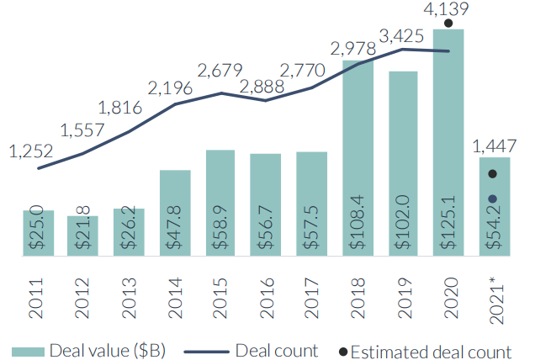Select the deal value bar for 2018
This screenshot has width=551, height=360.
point(358,156)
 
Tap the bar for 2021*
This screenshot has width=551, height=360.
point(495,205)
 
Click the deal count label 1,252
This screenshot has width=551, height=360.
point(30,151)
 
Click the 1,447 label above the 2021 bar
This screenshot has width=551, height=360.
point(495,146)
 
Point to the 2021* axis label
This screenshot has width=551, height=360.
point(495,294)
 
